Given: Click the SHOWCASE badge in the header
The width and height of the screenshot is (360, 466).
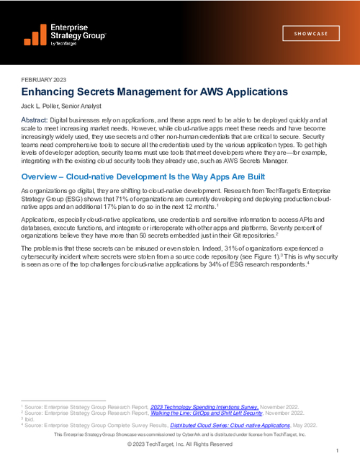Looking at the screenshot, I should click(312, 34).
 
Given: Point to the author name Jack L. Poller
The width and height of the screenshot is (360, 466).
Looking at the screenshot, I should click(46, 105).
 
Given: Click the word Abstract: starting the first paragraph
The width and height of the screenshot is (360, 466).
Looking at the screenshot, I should click(35, 119).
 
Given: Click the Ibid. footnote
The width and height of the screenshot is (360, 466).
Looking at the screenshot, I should click(30, 419).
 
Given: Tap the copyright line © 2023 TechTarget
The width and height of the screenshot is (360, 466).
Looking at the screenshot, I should click(180, 444).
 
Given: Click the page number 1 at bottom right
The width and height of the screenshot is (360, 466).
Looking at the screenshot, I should click(336, 451).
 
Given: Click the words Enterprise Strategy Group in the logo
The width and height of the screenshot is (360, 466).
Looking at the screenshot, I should click(78, 30).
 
